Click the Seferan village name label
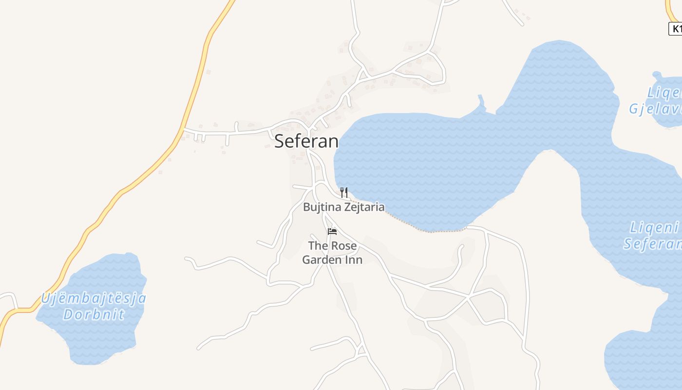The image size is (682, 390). (x=306, y=141)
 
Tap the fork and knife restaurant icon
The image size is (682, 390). (x=344, y=192)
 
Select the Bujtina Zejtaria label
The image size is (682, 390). (x=343, y=207)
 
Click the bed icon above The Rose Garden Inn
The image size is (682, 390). (x=332, y=231)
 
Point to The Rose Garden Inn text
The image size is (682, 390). (x=332, y=253)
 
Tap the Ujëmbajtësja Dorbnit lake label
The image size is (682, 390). (x=93, y=306)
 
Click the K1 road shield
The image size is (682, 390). (x=675, y=29)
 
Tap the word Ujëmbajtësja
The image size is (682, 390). (x=93, y=298)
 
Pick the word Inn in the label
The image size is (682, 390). (x=354, y=260)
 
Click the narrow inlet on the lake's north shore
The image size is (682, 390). (x=482, y=102)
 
